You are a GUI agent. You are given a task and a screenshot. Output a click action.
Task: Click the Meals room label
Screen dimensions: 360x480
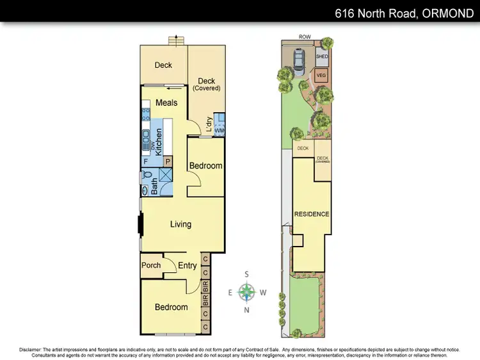click(x=166, y=103)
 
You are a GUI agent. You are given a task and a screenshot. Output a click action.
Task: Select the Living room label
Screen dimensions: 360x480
click(x=180, y=224)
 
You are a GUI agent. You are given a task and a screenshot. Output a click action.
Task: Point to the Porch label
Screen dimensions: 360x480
click(x=151, y=266)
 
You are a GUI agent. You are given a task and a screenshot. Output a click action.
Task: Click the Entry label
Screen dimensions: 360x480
click(x=188, y=266)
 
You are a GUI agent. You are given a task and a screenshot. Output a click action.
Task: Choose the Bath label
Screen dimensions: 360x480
click(x=154, y=185)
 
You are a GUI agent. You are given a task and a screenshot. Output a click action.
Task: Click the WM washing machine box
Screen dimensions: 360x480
click(x=220, y=131)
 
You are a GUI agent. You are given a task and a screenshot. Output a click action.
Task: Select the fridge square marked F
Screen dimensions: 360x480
click(x=146, y=161)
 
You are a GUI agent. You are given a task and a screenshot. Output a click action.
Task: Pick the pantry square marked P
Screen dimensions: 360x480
click(x=168, y=161)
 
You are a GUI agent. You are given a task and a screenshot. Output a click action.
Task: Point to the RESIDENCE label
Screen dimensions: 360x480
click(x=312, y=214)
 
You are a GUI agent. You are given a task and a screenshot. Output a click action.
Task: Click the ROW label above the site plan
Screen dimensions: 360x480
click(x=305, y=37)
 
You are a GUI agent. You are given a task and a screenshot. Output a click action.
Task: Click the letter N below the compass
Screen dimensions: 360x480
click(x=247, y=311)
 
